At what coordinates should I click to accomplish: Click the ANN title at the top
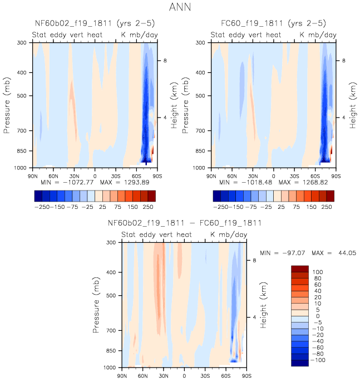click(x=180, y=8)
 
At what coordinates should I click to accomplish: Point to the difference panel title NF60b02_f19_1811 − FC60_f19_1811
click(x=184, y=223)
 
